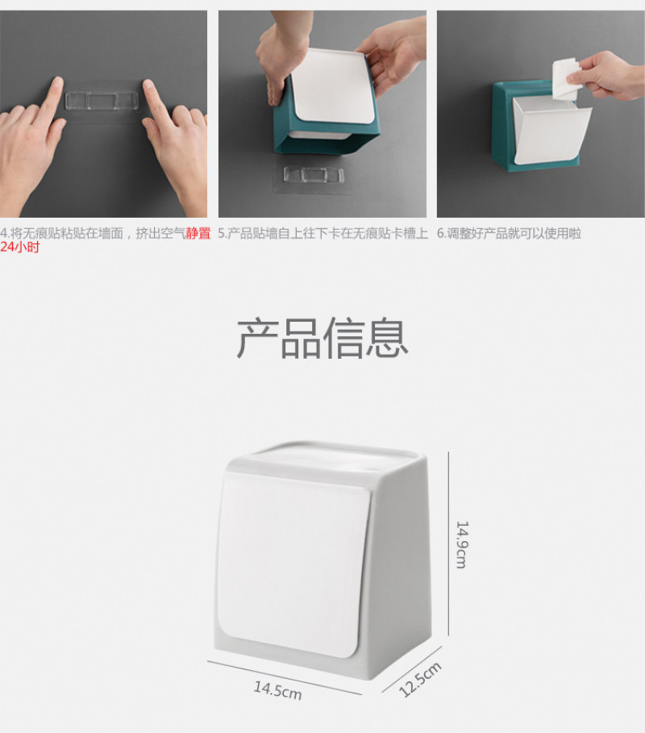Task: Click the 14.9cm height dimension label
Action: [461, 544]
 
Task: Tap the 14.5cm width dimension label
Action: [277, 690]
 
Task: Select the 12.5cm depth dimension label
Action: [420, 680]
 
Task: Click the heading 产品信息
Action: [322, 338]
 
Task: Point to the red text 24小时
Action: [19, 247]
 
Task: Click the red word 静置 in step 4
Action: [198, 233]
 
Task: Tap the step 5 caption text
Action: [323, 233]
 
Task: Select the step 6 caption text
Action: [509, 233]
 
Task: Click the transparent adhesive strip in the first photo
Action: [102, 101]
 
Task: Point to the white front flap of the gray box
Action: [293, 564]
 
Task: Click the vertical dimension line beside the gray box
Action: [449, 544]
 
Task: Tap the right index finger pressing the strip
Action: [154, 101]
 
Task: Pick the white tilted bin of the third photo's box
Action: [550, 130]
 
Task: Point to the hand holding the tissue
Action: [608, 76]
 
